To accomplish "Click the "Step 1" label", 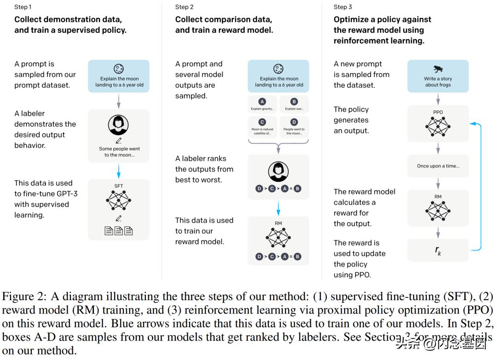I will point(23,7).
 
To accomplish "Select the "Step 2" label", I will point(184,7).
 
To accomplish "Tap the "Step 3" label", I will point(343,7).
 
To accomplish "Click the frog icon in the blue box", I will point(438,69).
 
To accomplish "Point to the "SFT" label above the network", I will point(119,186).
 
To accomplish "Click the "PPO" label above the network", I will point(438,112).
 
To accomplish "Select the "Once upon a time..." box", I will point(438,166).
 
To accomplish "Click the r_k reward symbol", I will point(438,250).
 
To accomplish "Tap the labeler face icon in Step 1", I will point(118,125).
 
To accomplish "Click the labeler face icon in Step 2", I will point(278,172).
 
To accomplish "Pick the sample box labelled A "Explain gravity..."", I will point(262,105).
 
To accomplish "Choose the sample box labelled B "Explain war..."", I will point(294,105).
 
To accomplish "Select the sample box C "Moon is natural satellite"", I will point(262,127).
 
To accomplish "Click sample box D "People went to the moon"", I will point(294,127).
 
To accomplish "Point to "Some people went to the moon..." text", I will point(119,152).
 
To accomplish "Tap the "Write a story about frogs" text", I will point(438,82).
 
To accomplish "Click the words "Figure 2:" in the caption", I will point(22,296).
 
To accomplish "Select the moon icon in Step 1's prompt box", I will point(119,69).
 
